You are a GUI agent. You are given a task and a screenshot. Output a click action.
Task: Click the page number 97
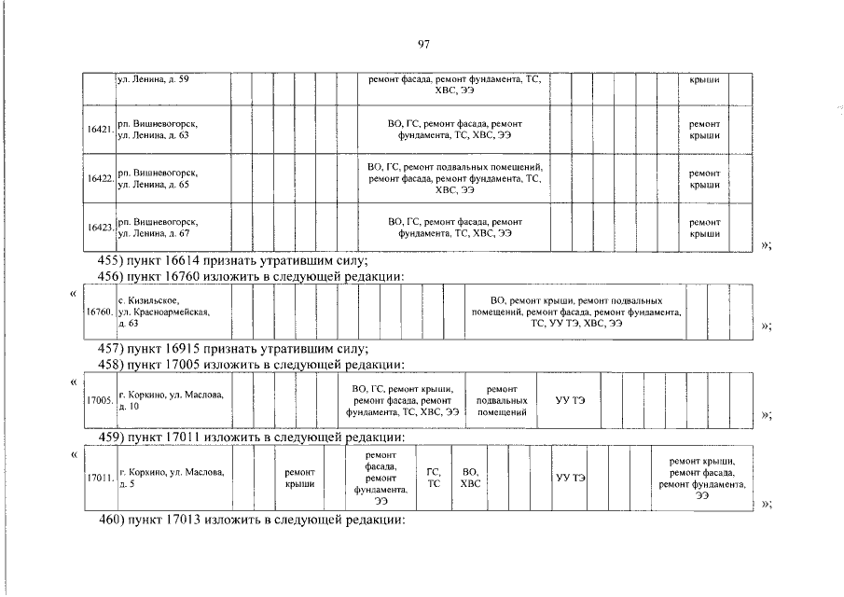point(423,44)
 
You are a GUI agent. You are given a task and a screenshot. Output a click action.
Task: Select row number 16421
point(100,130)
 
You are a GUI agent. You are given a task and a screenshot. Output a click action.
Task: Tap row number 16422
point(100,177)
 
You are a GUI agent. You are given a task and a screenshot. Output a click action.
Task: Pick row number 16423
point(100,227)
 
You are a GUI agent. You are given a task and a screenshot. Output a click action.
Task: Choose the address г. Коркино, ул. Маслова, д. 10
point(168,401)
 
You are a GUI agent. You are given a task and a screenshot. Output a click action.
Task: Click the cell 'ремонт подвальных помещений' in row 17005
point(501,400)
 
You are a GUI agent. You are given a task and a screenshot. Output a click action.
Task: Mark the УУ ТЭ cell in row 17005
point(570,400)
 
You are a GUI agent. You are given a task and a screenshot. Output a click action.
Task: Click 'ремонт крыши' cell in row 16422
point(704,178)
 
